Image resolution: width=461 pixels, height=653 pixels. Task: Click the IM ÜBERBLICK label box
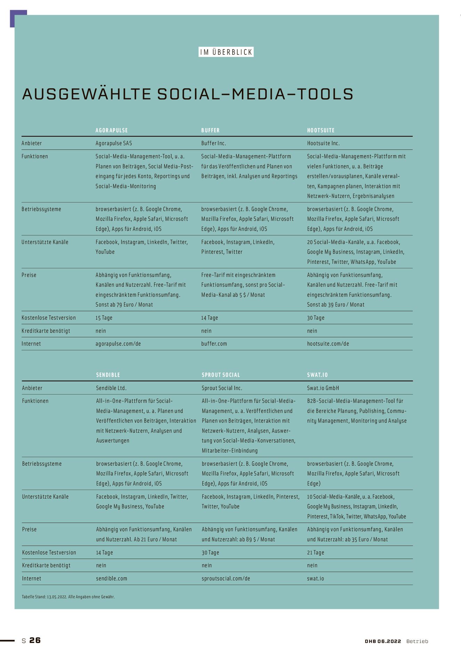tap(226, 52)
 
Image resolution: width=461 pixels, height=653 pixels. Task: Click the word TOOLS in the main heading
tap(325, 94)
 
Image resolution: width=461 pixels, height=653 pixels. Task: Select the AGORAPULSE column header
tap(112, 130)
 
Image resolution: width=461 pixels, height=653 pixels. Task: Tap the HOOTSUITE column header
tap(321, 130)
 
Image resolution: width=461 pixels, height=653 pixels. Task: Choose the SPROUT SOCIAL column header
tap(221, 375)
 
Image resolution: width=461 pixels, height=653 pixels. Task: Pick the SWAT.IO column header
tap(317, 375)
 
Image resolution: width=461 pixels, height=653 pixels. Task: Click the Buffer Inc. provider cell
tap(213, 143)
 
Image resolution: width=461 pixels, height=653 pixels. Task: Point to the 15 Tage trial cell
tap(104, 318)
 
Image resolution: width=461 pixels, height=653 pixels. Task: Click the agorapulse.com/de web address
tap(118, 344)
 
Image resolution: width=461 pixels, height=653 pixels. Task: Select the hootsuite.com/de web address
tap(328, 344)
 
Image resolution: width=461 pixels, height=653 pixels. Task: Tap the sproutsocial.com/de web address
tap(226, 578)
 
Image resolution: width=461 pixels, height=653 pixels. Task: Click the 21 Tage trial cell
tap(315, 552)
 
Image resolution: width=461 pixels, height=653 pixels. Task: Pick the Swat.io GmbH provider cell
tap(323, 388)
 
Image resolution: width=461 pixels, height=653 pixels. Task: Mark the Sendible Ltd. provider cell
tap(111, 388)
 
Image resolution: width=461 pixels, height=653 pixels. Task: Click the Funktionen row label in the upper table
tap(35, 156)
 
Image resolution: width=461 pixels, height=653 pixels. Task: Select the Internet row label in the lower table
tap(31, 578)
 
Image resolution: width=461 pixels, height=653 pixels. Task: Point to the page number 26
tap(35, 640)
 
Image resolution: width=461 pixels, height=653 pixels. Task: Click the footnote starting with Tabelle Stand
tap(68, 597)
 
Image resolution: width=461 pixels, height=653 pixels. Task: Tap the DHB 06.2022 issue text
tap(383, 641)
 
